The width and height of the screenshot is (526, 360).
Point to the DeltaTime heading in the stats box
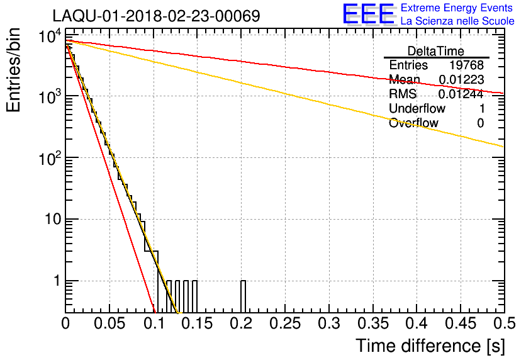click(436, 51)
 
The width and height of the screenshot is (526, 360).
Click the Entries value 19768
click(466, 65)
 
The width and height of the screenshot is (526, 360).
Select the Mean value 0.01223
click(461, 80)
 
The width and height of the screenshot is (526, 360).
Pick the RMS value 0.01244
click(461, 94)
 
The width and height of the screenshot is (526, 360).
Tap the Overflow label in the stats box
click(413, 123)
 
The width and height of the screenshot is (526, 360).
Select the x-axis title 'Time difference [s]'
click(429, 346)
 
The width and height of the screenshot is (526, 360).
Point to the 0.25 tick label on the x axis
click(284, 325)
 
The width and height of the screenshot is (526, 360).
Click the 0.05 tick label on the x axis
click(109, 325)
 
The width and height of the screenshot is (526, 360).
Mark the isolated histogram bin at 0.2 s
click(243, 296)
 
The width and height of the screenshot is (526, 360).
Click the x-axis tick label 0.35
click(371, 325)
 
